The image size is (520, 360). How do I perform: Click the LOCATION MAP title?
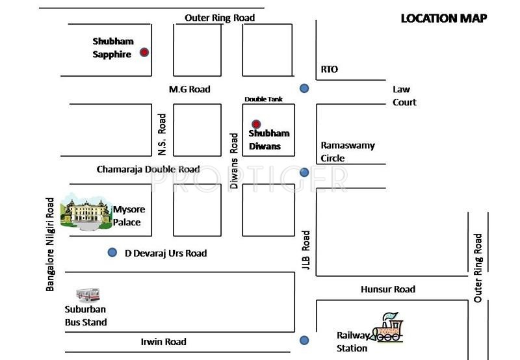[x=444, y=18]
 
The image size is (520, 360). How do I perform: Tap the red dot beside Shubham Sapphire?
[x=144, y=52]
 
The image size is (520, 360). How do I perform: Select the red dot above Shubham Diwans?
[x=256, y=124]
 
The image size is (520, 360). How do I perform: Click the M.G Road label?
[x=189, y=89]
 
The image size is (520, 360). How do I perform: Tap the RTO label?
[x=330, y=70]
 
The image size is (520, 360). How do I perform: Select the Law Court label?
[x=404, y=96]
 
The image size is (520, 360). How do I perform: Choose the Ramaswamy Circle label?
[x=348, y=151]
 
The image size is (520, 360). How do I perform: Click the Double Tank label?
[x=263, y=99]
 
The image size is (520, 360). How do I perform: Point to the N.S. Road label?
[x=162, y=135]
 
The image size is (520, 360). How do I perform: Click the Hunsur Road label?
[x=388, y=289]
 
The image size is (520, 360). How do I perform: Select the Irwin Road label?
[x=164, y=342]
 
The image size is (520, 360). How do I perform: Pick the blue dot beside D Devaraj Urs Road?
[x=112, y=252]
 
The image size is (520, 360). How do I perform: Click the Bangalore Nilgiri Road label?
[x=50, y=243]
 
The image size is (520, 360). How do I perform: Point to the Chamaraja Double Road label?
[x=148, y=169]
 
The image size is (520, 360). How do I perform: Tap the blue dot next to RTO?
[x=304, y=88]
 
